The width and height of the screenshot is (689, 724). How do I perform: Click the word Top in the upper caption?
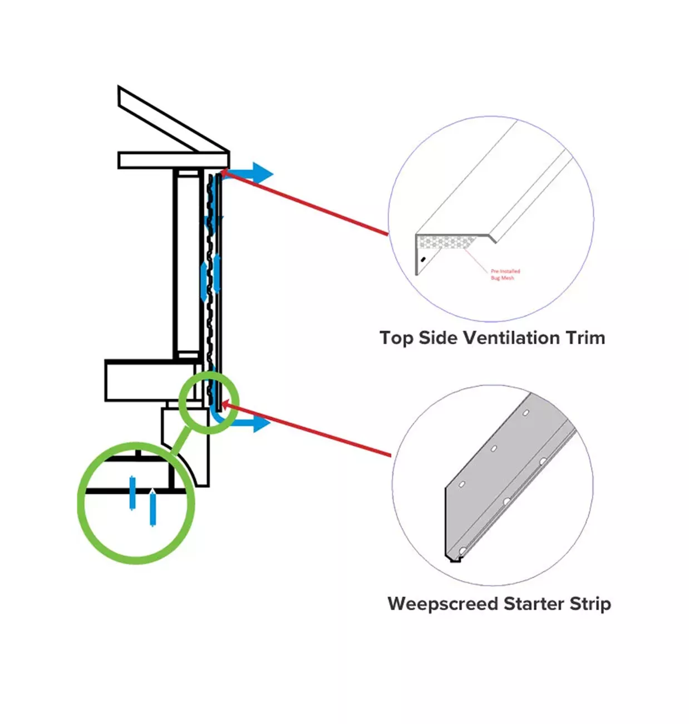396,338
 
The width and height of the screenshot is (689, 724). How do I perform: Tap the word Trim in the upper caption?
585,338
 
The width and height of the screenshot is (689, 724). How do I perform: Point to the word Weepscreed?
442,604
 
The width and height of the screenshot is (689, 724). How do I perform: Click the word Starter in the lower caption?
534,604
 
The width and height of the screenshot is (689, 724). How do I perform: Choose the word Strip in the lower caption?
590,604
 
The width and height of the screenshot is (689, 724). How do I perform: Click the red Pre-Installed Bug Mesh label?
505,275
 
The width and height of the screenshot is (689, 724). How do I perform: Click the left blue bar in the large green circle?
132,493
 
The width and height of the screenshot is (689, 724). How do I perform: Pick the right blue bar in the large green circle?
152,508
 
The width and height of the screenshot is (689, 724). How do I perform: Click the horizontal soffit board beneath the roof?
173,160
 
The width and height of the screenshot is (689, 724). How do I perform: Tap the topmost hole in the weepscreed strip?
525,413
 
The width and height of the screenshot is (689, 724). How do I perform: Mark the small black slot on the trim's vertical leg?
424,259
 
